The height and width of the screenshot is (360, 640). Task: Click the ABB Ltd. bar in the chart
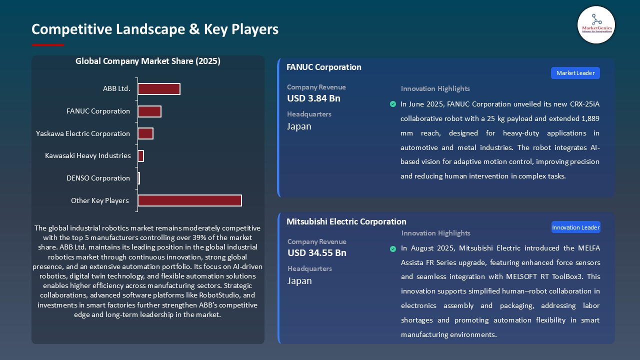158,89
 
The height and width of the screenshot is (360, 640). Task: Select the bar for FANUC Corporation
149,111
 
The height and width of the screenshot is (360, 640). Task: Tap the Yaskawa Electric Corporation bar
145,133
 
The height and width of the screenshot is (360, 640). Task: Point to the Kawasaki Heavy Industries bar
140,156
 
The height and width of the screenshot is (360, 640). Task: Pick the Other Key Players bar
189,200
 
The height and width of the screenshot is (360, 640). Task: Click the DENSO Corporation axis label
98,178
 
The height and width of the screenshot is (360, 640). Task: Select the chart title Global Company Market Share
148,61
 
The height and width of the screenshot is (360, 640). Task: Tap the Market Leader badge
575,73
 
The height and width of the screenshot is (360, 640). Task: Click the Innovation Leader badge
575,227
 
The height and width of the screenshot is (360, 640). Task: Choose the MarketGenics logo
596,25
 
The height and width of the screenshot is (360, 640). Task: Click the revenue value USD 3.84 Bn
313,98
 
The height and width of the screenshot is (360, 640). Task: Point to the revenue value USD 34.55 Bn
316,253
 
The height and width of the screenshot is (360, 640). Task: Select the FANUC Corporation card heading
323,67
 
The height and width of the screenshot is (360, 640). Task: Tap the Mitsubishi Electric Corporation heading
346,221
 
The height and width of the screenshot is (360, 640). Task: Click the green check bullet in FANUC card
393,104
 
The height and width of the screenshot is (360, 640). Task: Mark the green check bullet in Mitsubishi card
393,248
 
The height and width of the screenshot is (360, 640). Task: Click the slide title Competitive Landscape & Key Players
155,29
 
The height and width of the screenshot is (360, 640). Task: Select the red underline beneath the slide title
48,45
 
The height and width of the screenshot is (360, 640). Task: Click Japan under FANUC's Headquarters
299,126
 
